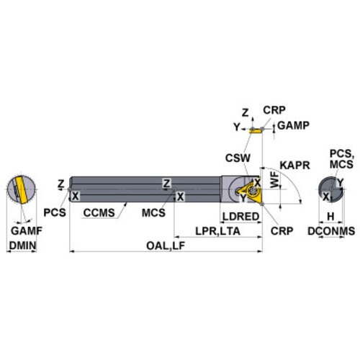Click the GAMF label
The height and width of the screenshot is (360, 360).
27,231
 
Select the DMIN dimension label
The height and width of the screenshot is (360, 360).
22,246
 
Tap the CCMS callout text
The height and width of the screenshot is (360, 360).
99,213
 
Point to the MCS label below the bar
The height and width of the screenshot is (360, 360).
153,213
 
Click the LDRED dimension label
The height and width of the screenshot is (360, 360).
241,217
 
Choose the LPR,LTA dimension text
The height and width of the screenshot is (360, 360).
217,231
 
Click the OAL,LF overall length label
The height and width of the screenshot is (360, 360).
166,246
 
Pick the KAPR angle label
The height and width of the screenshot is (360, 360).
294,166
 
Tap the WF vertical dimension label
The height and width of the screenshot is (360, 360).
275,180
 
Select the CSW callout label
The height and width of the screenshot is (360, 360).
238,158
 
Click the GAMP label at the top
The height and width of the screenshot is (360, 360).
293,125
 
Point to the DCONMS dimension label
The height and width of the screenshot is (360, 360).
331,231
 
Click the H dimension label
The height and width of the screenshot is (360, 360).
330,217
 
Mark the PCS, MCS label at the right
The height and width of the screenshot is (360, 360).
342,159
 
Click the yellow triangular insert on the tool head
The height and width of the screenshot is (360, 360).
253,192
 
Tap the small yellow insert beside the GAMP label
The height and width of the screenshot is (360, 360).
256,131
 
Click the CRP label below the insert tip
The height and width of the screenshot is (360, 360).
282,231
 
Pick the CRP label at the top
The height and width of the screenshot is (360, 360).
274,110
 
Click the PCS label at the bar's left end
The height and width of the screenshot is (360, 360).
55,212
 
